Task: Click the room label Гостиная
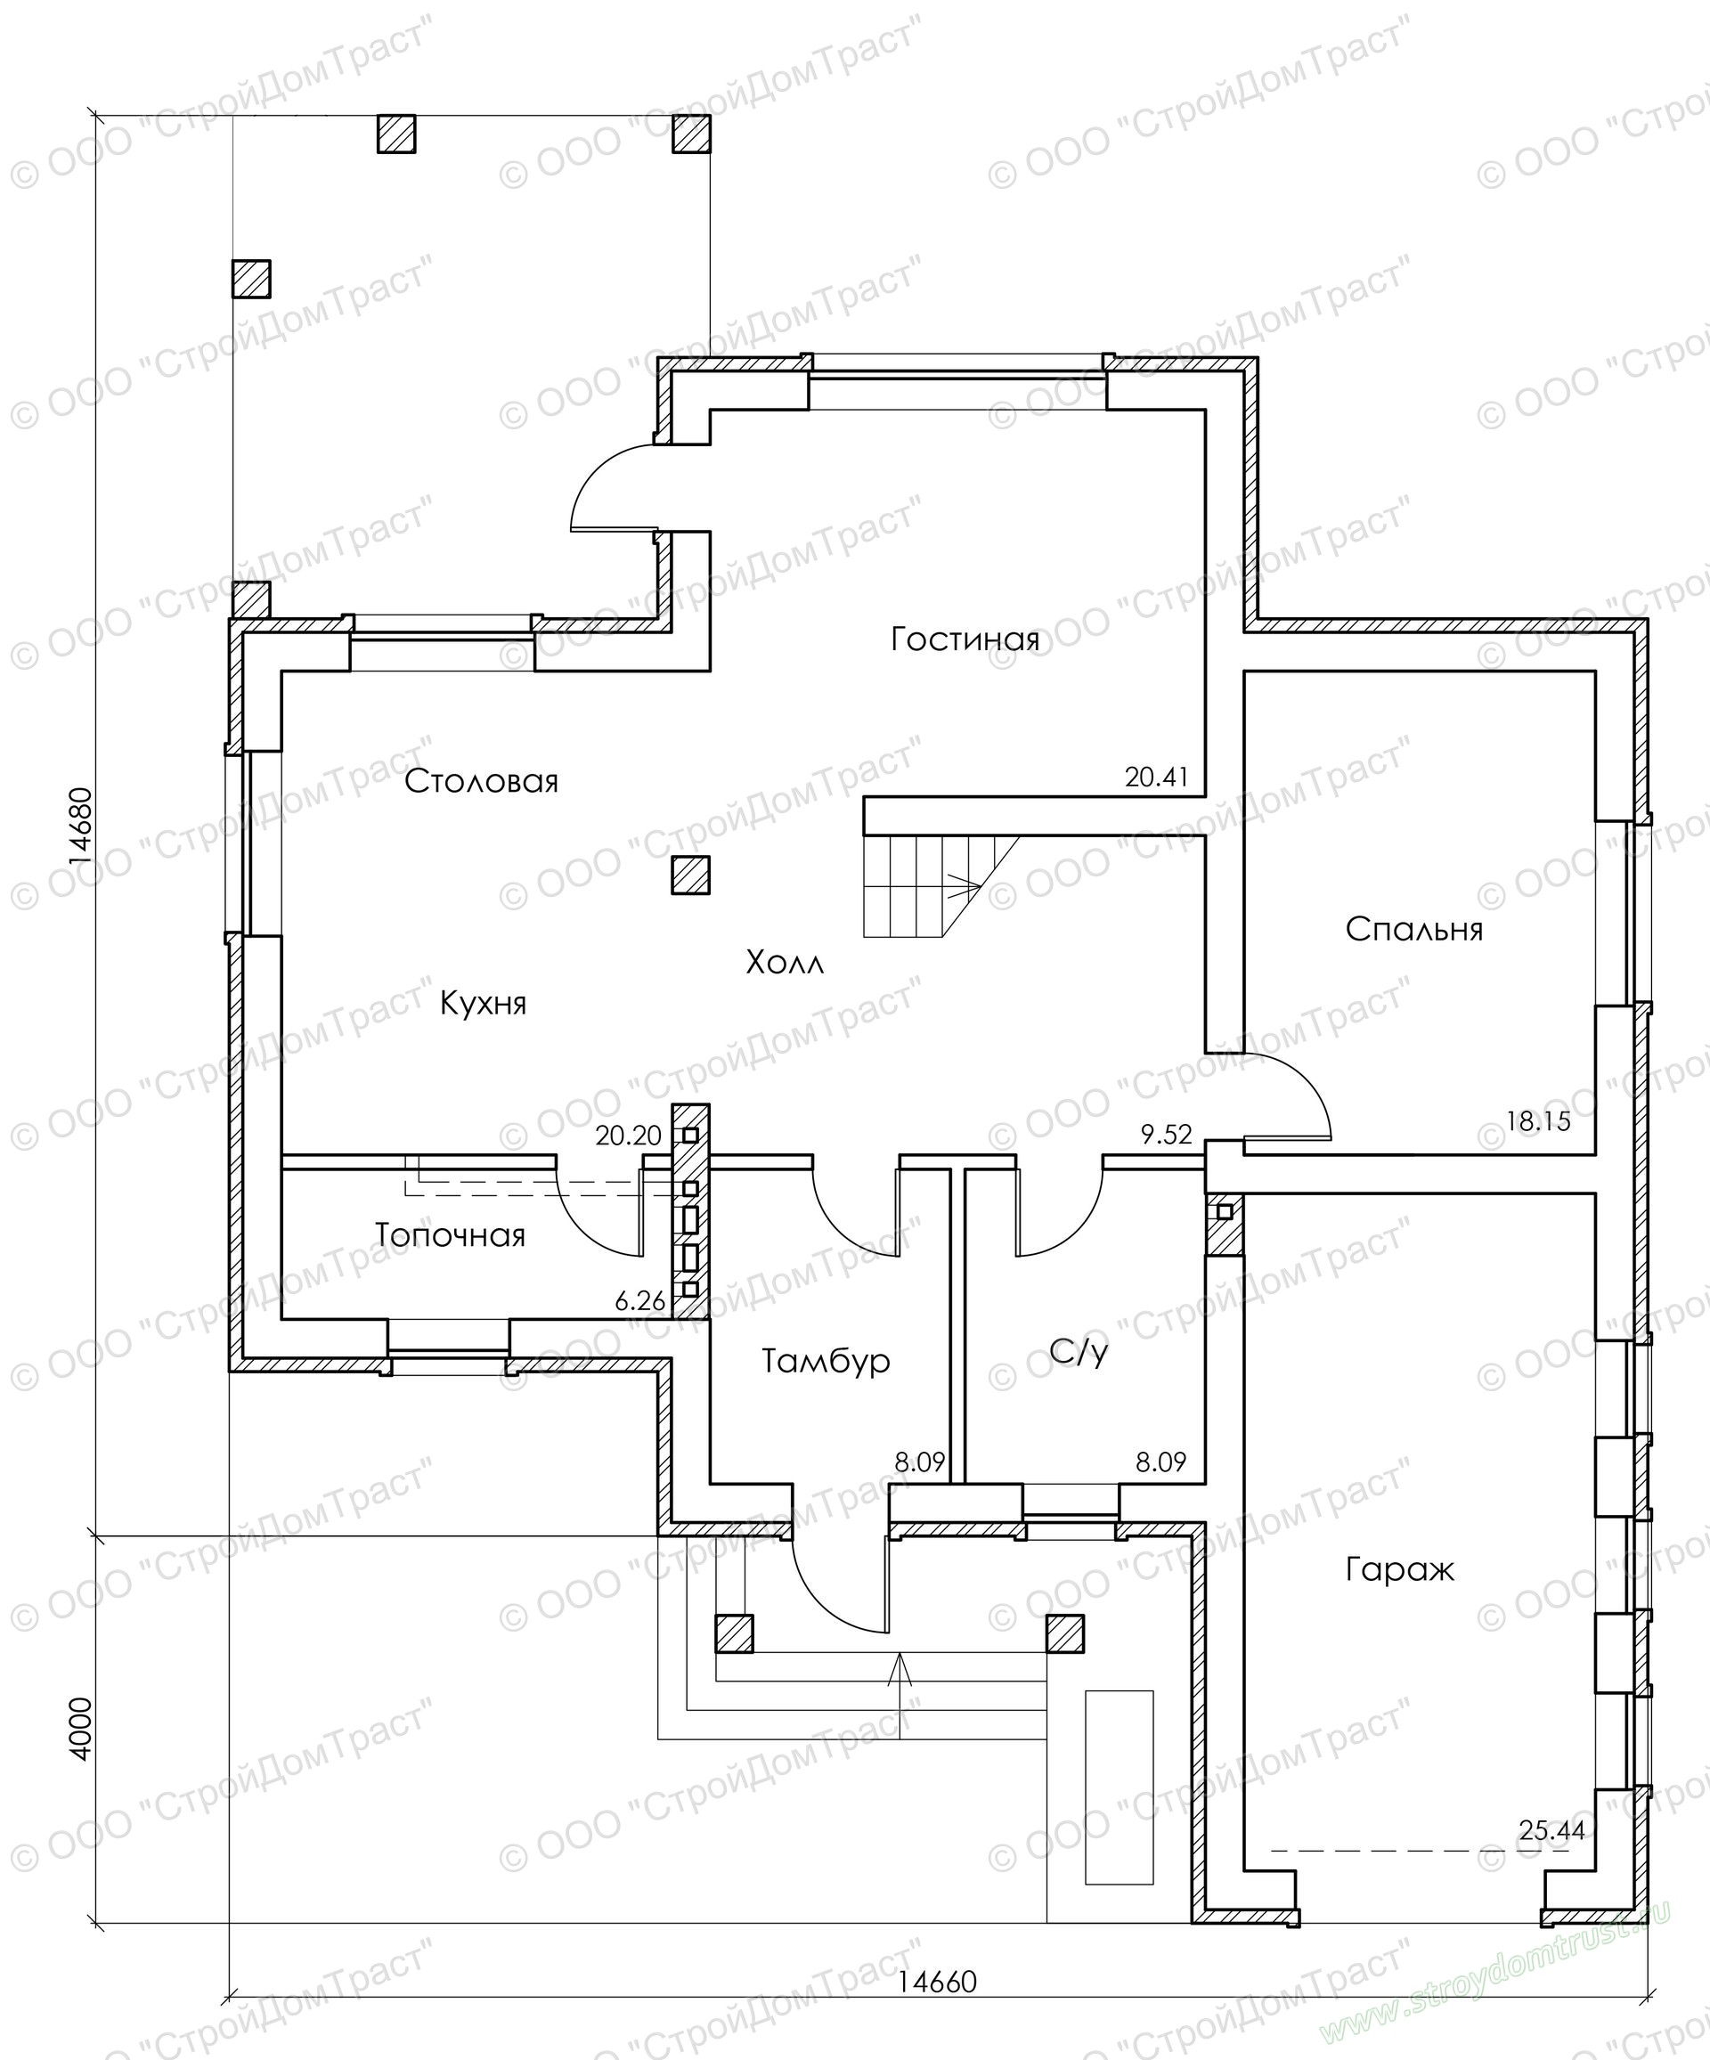[x=965, y=640]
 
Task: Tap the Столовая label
[x=481, y=782]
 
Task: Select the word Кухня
[x=483, y=1004]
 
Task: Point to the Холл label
[x=785, y=963]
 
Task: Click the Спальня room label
[x=1413, y=929]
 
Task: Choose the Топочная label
[x=451, y=1235]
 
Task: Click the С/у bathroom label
[x=1079, y=1353]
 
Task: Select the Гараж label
[x=1399, y=1569]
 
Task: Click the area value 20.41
[x=1156, y=778]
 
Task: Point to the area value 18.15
[x=1537, y=1121]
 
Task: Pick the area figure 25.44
[x=1552, y=1830]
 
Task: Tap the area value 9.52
[x=1166, y=1135]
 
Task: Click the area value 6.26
[x=639, y=1302]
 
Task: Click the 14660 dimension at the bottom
[x=938, y=1982]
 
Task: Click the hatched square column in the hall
[x=690, y=875]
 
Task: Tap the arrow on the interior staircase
[x=965, y=887]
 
